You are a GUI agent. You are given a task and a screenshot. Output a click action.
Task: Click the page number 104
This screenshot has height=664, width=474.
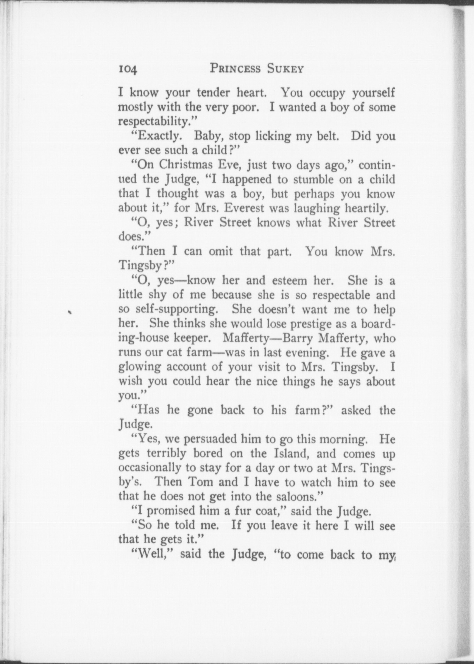tap(128, 69)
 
